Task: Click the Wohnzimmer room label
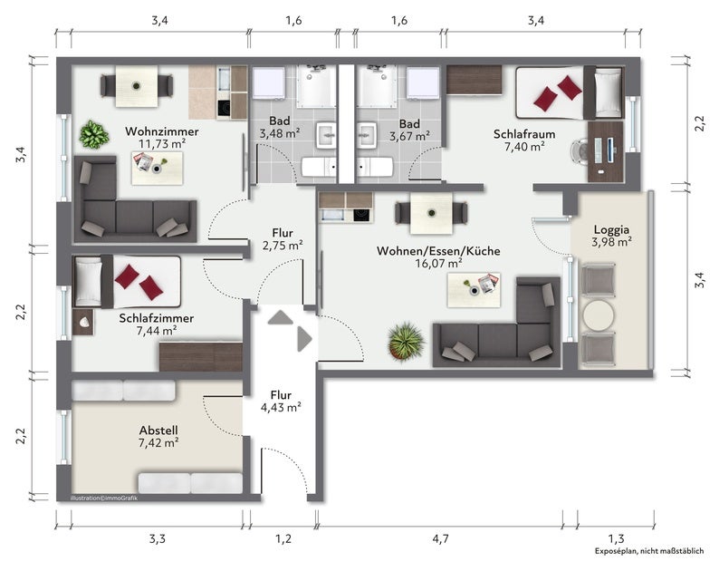pos(162,131)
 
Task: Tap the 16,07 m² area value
pos(438,264)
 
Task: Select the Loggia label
pos(612,229)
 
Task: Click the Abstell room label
pos(158,431)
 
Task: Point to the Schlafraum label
pos(524,134)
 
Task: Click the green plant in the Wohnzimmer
pos(94,134)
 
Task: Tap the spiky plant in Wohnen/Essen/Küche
pos(406,340)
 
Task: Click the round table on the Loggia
pos(599,315)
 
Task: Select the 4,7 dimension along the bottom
pos(440,538)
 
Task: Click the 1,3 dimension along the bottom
pos(616,538)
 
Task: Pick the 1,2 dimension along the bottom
pos(283,538)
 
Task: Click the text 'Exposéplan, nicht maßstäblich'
pos(649,551)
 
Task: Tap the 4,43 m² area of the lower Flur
pos(281,408)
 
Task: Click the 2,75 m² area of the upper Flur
pos(283,246)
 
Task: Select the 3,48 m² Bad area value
pos(280,134)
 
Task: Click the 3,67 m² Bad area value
pos(409,136)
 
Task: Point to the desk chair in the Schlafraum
pos(580,150)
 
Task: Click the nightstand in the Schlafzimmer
pos(83,323)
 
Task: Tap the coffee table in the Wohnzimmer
pos(157,169)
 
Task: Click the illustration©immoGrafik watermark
pos(103,498)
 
